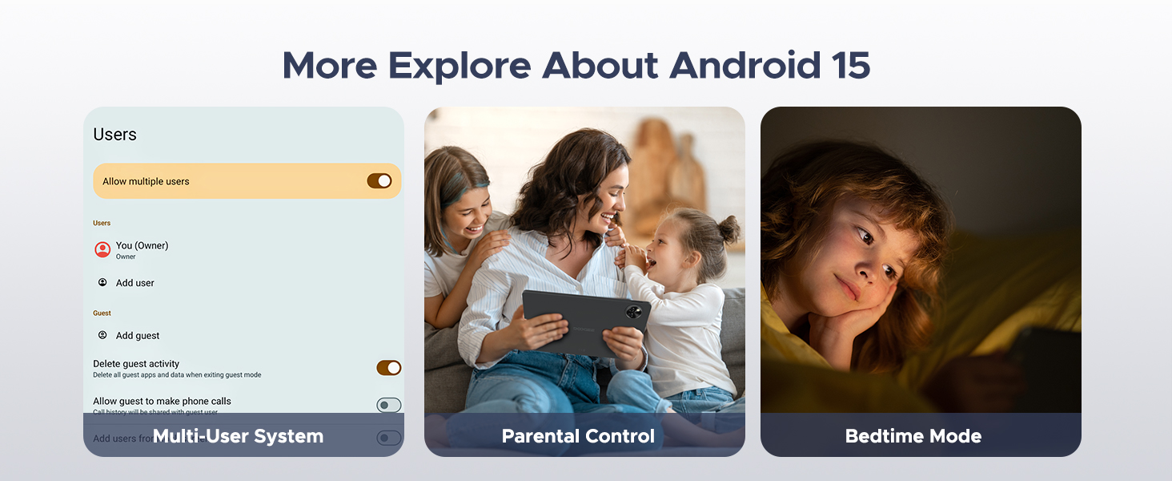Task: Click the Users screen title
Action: pos(114,135)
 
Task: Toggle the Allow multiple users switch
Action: pos(379,181)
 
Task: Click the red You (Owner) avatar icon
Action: pos(102,249)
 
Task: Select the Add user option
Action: pos(134,283)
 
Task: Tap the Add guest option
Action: pos(137,336)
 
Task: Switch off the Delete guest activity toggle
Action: pos(388,368)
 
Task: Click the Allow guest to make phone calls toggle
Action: pos(388,406)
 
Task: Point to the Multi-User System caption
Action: pos(238,437)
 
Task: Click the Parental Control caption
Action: pos(578,437)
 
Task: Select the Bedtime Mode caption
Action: pos(913,437)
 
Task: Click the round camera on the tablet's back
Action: pos(635,312)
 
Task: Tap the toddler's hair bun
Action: pos(728,229)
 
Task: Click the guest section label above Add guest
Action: pos(102,313)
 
